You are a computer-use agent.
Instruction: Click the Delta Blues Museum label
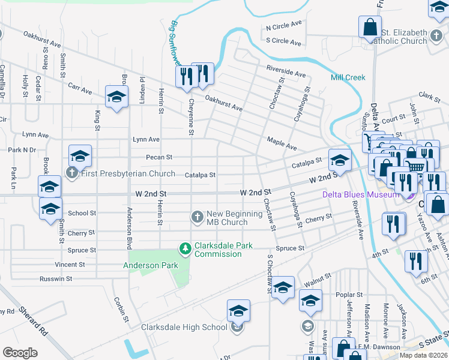click(360, 194)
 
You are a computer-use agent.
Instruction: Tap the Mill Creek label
click(347, 77)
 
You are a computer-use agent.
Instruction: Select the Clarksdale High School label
click(184, 327)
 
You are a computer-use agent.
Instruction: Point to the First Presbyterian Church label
click(128, 174)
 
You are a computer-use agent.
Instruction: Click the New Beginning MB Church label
click(227, 218)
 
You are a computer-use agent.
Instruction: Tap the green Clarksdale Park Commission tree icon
click(186, 248)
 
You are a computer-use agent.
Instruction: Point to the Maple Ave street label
click(282, 143)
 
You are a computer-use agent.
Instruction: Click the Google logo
click(20, 352)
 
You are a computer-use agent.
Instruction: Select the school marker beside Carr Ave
click(116, 96)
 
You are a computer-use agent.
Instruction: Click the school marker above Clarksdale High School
click(238, 310)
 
